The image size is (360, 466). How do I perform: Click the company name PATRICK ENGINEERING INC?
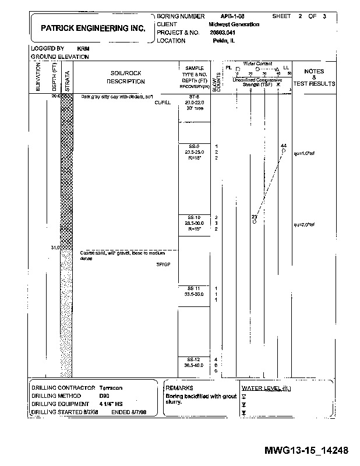point(93,27)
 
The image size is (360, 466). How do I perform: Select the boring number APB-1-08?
point(234,16)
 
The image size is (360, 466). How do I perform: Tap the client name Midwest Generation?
point(234,24)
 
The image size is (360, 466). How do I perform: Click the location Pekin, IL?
point(224,41)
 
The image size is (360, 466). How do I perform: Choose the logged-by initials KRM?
point(82,48)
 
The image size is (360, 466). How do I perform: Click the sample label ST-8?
point(194,97)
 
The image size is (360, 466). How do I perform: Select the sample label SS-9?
point(194,146)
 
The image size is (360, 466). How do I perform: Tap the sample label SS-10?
point(194,217)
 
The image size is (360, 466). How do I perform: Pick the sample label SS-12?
point(194,359)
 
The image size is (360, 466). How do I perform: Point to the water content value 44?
point(283,145)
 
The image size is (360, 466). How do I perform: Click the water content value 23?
point(254,217)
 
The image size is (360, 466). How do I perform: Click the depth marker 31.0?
point(55,248)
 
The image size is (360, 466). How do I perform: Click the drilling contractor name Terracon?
point(111,387)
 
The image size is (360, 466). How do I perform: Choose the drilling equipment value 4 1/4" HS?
point(111,403)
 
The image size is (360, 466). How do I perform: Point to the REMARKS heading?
point(179,387)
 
